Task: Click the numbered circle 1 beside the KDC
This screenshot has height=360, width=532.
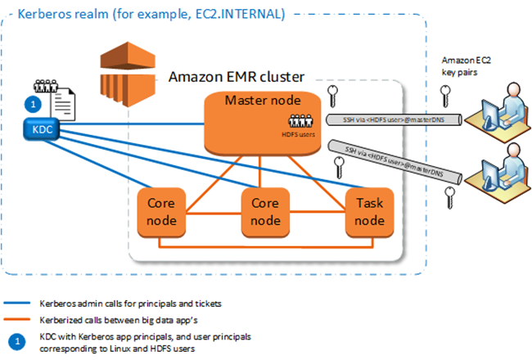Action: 32,105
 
